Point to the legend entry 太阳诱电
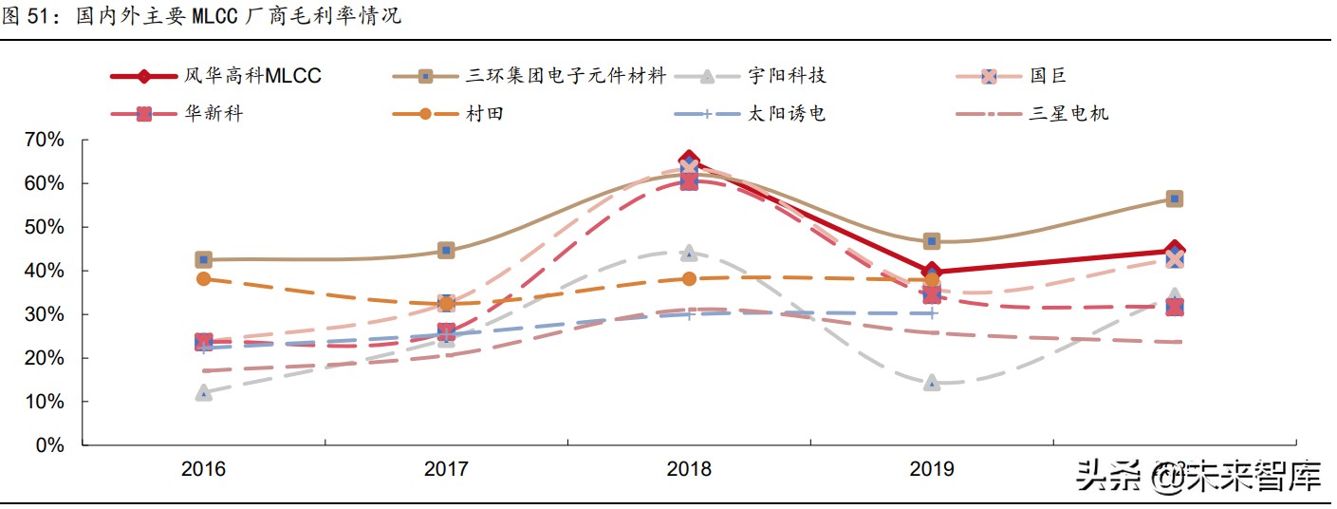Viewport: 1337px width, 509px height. point(786,114)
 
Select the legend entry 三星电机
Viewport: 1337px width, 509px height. point(1069,114)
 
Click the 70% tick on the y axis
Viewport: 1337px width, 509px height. point(44,141)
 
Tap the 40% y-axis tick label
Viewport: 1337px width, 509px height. point(44,272)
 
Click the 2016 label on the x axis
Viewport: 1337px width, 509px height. point(203,469)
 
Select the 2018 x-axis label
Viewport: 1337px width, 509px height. point(689,469)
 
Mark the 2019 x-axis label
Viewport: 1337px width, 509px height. point(932,469)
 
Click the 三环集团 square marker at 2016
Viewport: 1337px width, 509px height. point(203,259)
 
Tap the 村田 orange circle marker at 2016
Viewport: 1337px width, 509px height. point(203,279)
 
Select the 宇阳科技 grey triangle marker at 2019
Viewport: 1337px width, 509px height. point(932,383)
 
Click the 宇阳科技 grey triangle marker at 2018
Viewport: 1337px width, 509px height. point(689,254)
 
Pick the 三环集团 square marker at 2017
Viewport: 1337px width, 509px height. point(446,251)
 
